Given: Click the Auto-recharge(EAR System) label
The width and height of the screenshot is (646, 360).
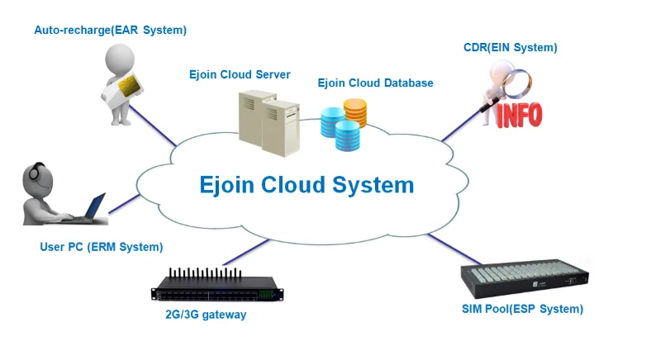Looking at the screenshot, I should [x=110, y=31].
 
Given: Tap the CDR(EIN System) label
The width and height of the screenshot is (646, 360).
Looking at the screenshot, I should [x=510, y=48].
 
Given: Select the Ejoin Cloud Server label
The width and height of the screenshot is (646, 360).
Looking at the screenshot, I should [x=240, y=75].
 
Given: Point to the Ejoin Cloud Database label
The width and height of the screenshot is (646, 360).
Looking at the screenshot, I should [x=375, y=83].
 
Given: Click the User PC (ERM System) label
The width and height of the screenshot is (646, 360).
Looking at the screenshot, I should [x=102, y=247].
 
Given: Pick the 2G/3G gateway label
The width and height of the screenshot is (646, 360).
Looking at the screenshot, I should [x=211, y=315].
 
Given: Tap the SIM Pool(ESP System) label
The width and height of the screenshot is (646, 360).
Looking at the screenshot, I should [x=522, y=309].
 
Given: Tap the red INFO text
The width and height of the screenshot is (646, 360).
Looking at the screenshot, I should [x=518, y=114].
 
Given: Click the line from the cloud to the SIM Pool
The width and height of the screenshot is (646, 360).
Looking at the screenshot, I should [x=447, y=246].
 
